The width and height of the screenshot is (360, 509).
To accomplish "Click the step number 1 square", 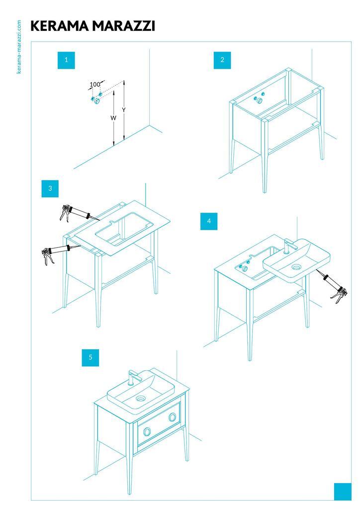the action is pyautogui.click(x=66, y=60).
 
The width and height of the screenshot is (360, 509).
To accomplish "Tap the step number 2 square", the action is pyautogui.click(x=222, y=60).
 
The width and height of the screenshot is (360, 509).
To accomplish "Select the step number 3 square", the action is pyautogui.click(x=50, y=188).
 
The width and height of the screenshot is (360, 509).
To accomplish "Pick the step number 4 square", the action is pyautogui.click(x=209, y=221).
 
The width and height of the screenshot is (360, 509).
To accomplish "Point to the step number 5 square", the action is pyautogui.click(x=90, y=357).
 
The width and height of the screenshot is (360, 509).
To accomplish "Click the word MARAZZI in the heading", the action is pyautogui.click(x=124, y=26).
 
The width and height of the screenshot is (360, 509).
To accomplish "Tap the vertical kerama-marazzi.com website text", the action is pyautogui.click(x=19, y=47).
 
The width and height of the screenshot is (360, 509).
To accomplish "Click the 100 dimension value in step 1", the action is pyautogui.click(x=95, y=85).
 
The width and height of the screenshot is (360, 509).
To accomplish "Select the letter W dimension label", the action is pyautogui.click(x=113, y=118).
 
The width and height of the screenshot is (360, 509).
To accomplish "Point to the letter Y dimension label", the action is pyautogui.click(x=124, y=110).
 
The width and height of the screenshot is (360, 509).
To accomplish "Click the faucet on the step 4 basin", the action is pyautogui.click(x=290, y=246).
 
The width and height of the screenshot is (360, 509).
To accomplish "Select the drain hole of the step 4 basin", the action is pyautogui.click(x=296, y=267).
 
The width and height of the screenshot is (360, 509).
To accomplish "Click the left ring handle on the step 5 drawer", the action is pyautogui.click(x=147, y=431).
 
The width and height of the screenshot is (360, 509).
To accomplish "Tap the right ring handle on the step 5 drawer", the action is pyautogui.click(x=173, y=417).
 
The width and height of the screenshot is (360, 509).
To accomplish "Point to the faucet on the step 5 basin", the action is pyautogui.click(x=135, y=378).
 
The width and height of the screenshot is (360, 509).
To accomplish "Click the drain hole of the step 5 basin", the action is pyautogui.click(x=141, y=398).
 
